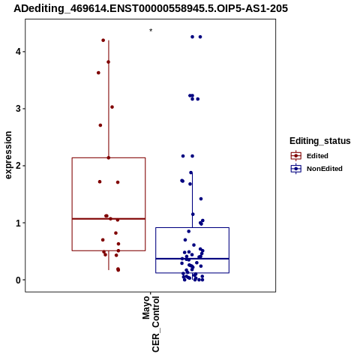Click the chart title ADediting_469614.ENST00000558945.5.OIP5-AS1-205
pos(151,8)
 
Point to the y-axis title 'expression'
pos(8,155)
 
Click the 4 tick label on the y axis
pos(18,52)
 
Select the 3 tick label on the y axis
pos(18,109)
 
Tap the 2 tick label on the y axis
pos(18,166)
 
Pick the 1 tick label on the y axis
pos(18,223)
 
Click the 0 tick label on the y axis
pos(18,280)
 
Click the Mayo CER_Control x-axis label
pos(151,324)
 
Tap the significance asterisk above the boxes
pos(151,31)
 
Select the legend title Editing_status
pos(320,141)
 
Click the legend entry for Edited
pos(310,156)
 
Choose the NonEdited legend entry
pos(316,169)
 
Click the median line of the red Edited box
pos(109,219)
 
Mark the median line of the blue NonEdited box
pos(192,259)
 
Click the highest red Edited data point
pos(103,40)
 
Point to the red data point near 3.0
pos(112,107)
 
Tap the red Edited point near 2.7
pos(100,125)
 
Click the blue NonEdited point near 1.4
pos(201,199)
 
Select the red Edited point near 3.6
pos(98,73)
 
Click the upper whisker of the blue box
pos(192,200)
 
